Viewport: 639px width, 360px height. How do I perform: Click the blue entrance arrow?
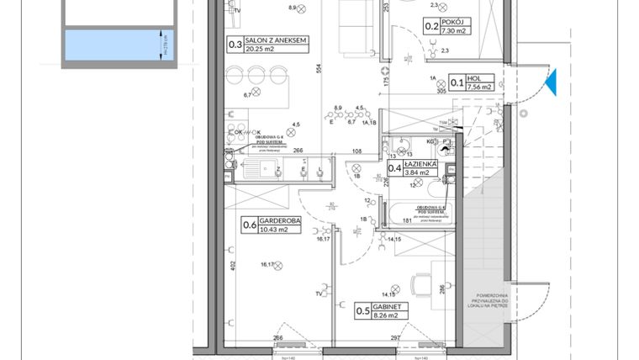[x=550, y=82]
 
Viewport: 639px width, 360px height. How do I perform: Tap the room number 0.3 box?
[x=235, y=45]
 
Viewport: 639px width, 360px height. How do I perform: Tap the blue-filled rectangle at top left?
[x=109, y=44]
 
